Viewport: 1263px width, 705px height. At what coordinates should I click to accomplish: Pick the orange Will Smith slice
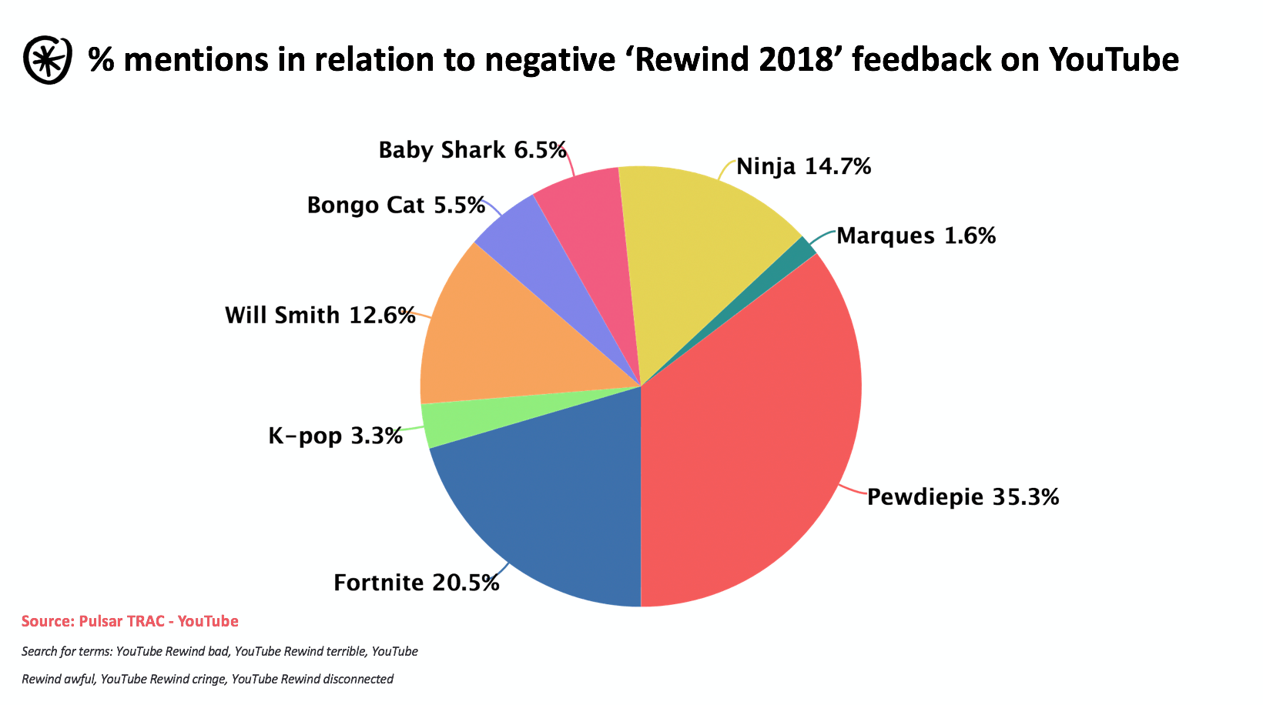click(501, 339)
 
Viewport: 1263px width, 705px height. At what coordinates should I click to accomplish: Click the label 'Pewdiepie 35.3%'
click(963, 497)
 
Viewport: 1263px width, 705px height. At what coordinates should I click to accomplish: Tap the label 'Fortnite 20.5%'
click(416, 583)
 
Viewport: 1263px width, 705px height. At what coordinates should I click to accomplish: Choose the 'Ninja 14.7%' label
click(803, 166)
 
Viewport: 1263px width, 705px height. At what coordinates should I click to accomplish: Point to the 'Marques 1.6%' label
click(916, 236)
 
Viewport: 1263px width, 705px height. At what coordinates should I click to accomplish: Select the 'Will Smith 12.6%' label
click(320, 316)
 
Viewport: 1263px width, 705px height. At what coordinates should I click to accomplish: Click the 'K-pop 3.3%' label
click(335, 436)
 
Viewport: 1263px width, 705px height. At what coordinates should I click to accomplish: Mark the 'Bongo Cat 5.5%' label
click(396, 205)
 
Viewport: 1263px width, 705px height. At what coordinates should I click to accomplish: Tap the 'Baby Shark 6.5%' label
click(472, 150)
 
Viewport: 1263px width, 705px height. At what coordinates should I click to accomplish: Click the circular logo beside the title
click(48, 59)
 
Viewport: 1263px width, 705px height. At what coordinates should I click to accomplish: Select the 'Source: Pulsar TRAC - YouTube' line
click(130, 621)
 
